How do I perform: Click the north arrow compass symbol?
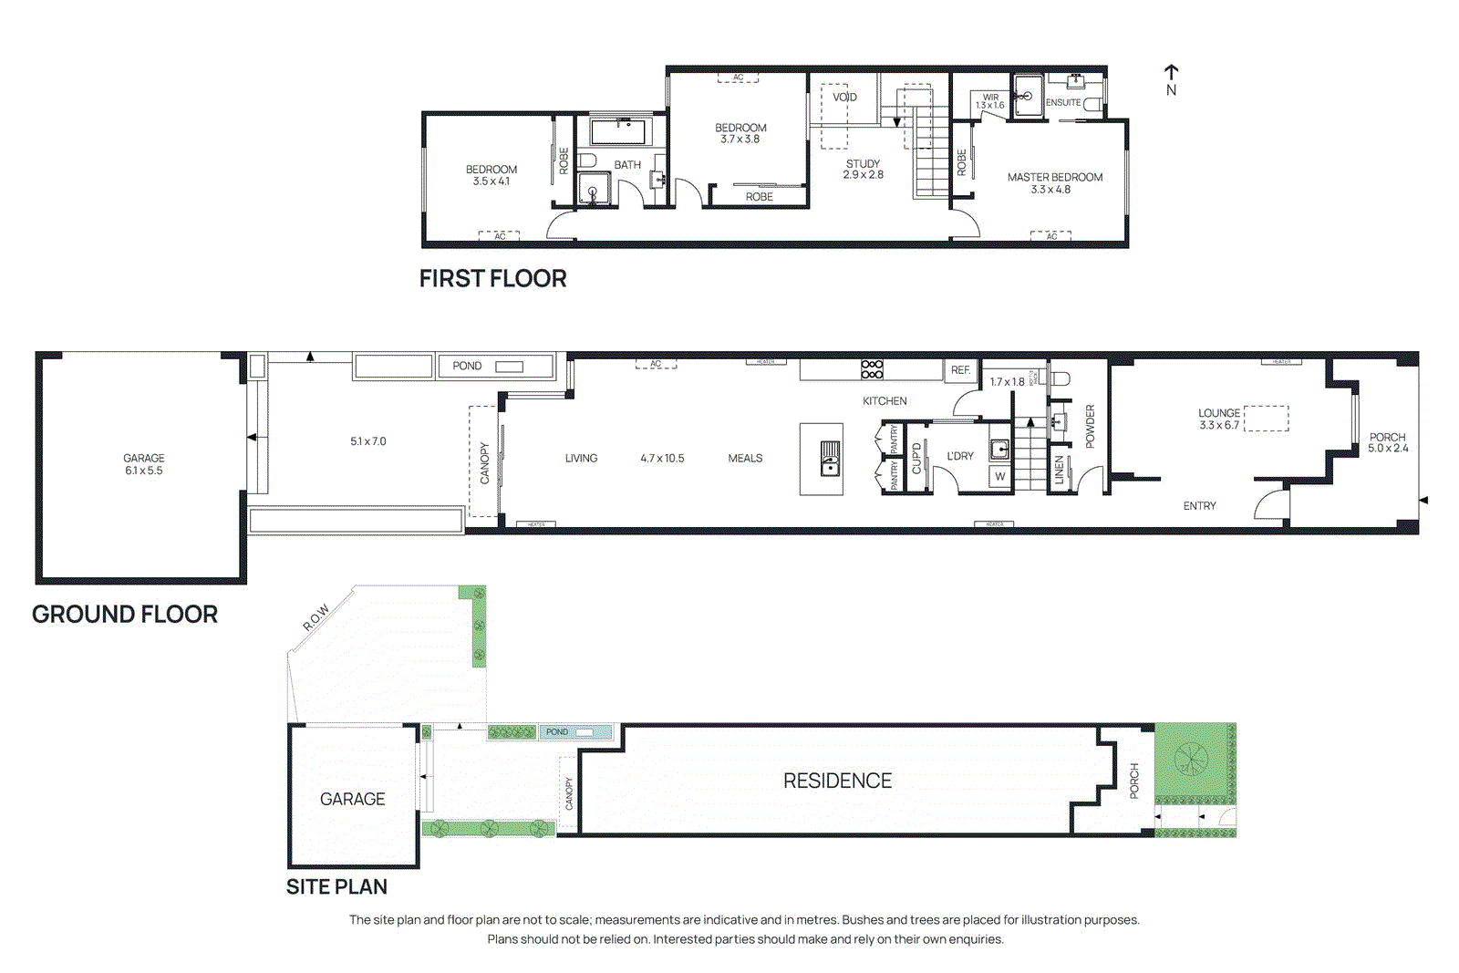pyautogui.click(x=1171, y=79)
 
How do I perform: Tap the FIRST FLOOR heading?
pyautogui.click(x=492, y=278)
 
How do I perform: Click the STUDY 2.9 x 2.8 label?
pyautogui.click(x=863, y=169)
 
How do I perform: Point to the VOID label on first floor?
pyautogui.click(x=843, y=97)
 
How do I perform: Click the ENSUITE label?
pyautogui.click(x=1063, y=103)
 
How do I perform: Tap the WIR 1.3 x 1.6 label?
pyautogui.click(x=990, y=101)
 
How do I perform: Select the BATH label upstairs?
pyautogui.click(x=626, y=165)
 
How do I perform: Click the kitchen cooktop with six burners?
pyautogui.click(x=872, y=368)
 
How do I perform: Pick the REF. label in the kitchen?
pyautogui.click(x=960, y=369)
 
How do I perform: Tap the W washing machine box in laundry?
pyautogui.click(x=1000, y=476)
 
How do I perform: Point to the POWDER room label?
pyautogui.click(x=1090, y=426)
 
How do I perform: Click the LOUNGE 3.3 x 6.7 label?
pyautogui.click(x=1219, y=419)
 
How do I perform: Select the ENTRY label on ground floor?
pyautogui.click(x=1199, y=505)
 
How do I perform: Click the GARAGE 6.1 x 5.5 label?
pyautogui.click(x=144, y=464)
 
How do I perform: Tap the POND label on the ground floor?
pyautogui.click(x=467, y=366)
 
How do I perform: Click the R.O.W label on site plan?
pyautogui.click(x=316, y=617)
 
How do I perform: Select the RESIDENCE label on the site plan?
pyautogui.click(x=837, y=781)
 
